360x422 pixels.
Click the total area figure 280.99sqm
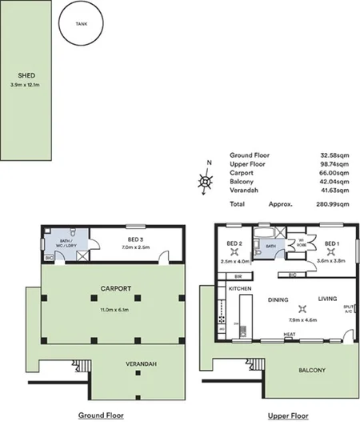pos(332,204)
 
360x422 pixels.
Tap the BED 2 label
pos(234,243)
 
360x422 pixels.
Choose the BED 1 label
pos(332,243)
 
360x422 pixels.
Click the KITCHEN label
pos(241,287)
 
